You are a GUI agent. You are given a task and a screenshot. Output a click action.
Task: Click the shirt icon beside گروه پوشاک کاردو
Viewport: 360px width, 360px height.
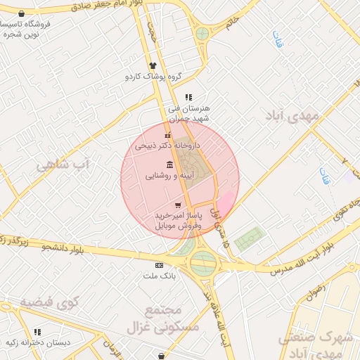click(x=152, y=65)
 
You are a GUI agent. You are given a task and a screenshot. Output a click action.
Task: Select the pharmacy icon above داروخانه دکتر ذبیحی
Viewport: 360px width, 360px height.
click(x=167, y=136)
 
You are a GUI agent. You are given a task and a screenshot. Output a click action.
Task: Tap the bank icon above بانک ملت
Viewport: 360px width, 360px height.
click(x=159, y=265)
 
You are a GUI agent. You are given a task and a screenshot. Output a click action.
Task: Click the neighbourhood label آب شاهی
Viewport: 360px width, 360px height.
click(x=65, y=165)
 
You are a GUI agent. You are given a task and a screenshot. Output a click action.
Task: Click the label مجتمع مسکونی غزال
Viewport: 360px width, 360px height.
click(x=164, y=319)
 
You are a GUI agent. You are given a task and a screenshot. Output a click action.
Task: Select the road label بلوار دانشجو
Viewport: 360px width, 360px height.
click(x=67, y=247)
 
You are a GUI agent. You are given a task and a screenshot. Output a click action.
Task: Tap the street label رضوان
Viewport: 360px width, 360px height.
click(x=316, y=288)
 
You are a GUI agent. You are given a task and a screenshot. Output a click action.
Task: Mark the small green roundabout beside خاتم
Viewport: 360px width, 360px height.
click(x=202, y=33)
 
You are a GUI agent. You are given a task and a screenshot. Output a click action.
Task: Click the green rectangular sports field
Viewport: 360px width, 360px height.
click(x=250, y=238)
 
